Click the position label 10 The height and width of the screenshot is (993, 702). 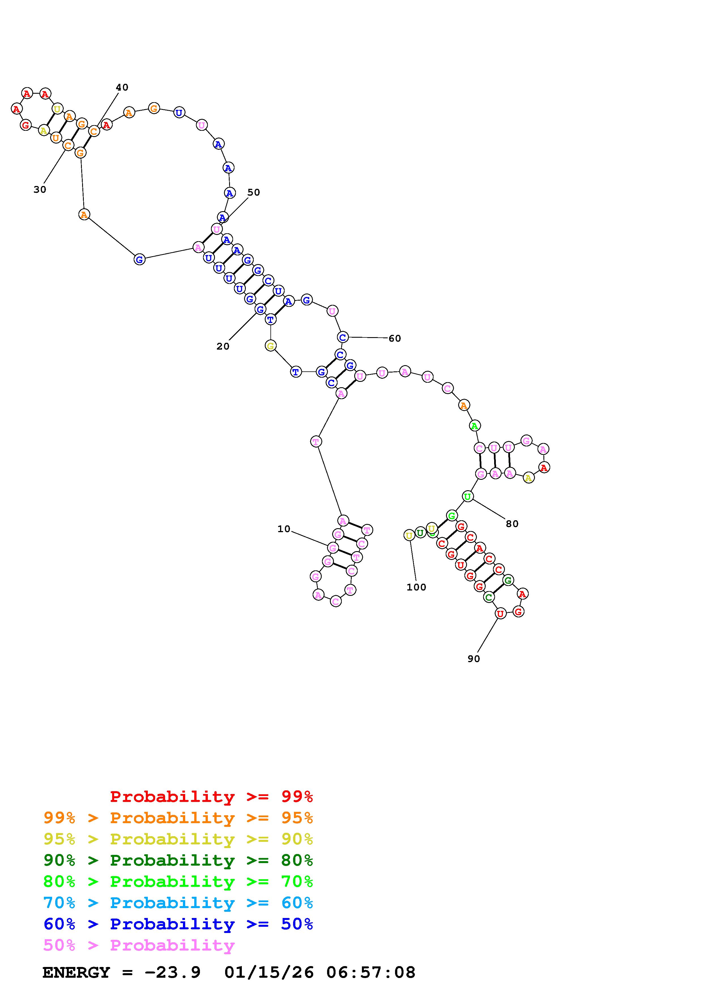pos(284,529)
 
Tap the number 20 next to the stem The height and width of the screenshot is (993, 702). pos(223,346)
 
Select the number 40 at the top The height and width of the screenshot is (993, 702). pos(122,87)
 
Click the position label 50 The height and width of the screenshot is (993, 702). pos(253,192)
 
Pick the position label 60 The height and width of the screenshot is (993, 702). pos(394,338)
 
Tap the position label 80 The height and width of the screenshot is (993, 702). pos(512,524)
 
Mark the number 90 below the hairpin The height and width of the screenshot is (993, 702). pos(474,659)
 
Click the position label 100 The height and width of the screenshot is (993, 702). pos(416,587)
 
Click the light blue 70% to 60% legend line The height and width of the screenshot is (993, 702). pos(178,903)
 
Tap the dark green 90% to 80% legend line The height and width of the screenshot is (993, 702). pos(178,861)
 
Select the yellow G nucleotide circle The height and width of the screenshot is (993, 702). pos(270,346)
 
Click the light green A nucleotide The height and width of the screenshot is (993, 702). pos(475,425)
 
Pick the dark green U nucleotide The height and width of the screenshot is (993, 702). pos(420,533)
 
